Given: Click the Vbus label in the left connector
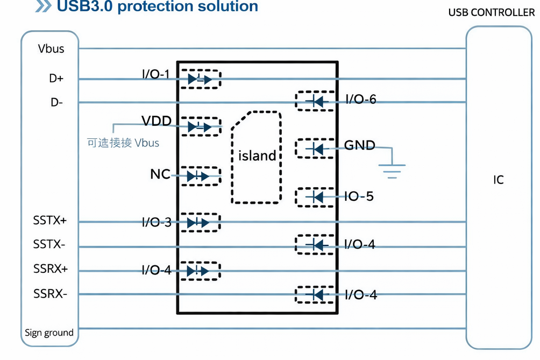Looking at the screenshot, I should point(51,49).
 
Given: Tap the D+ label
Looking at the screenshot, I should point(56,79).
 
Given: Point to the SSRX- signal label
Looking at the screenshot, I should point(50,294).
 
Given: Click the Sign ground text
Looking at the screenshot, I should point(49,333).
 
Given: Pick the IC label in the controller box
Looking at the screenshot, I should point(499,180).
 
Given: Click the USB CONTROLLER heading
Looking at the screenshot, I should point(492,12).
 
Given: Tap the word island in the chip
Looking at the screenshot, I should point(257,156).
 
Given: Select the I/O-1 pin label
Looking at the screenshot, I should point(156,74).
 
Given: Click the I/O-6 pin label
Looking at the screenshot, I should point(360,99).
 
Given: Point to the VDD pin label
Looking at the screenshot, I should point(157,121).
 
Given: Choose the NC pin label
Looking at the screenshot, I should point(160,174).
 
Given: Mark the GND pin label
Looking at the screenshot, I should point(359,145).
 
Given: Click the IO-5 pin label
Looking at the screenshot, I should point(359,196).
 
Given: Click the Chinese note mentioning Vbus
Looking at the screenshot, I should point(123,143).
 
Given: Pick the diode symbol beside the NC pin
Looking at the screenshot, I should point(197,176).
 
